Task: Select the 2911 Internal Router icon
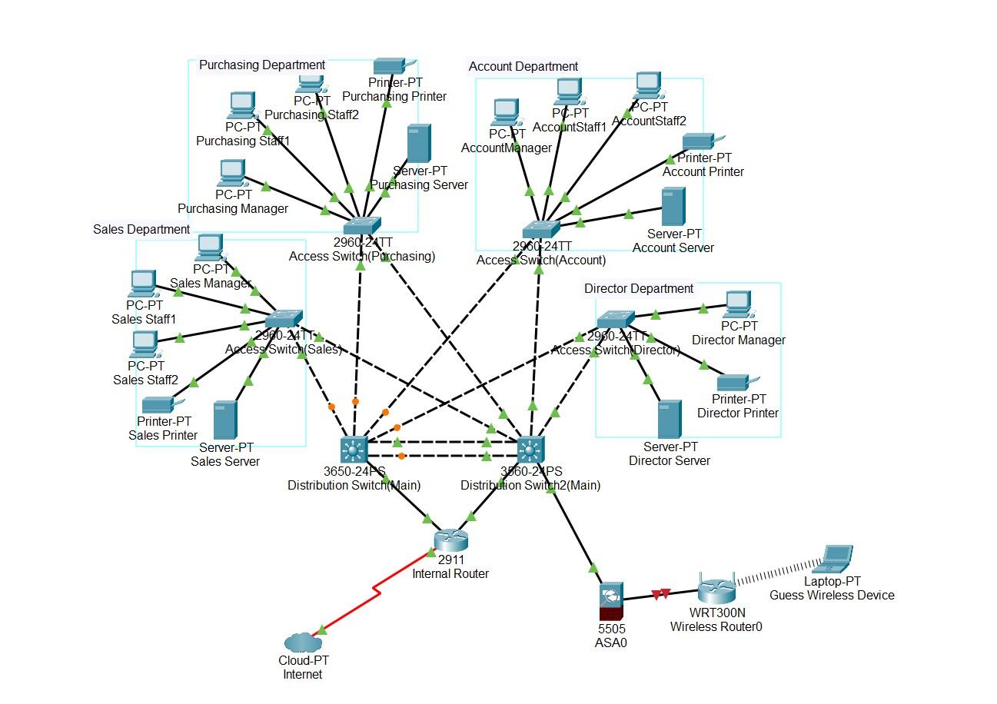click(450, 540)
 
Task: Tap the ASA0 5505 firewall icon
click(611, 601)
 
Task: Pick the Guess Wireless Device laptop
click(836, 559)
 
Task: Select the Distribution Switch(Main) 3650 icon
click(354, 450)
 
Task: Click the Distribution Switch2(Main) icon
click(530, 449)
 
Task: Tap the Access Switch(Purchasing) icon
click(361, 225)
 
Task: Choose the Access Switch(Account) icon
click(541, 229)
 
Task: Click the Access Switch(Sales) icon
click(284, 319)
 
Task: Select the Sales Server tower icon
click(225, 420)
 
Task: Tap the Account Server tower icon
click(673, 207)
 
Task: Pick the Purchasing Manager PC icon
click(232, 174)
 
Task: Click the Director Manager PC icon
click(738, 304)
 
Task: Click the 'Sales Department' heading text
click(141, 229)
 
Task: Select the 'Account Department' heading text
click(523, 67)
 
